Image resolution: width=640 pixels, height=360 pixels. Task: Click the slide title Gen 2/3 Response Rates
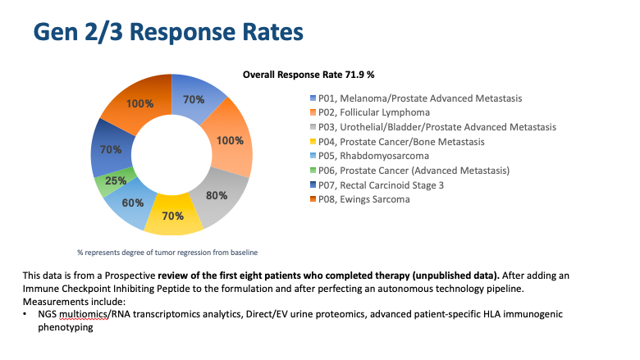point(167,33)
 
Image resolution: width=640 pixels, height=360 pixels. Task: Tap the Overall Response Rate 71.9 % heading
point(309,75)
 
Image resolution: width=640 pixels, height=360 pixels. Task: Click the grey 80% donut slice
point(219,196)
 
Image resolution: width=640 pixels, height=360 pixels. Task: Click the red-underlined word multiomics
point(80,314)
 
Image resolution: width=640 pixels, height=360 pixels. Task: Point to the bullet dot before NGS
point(26,314)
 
